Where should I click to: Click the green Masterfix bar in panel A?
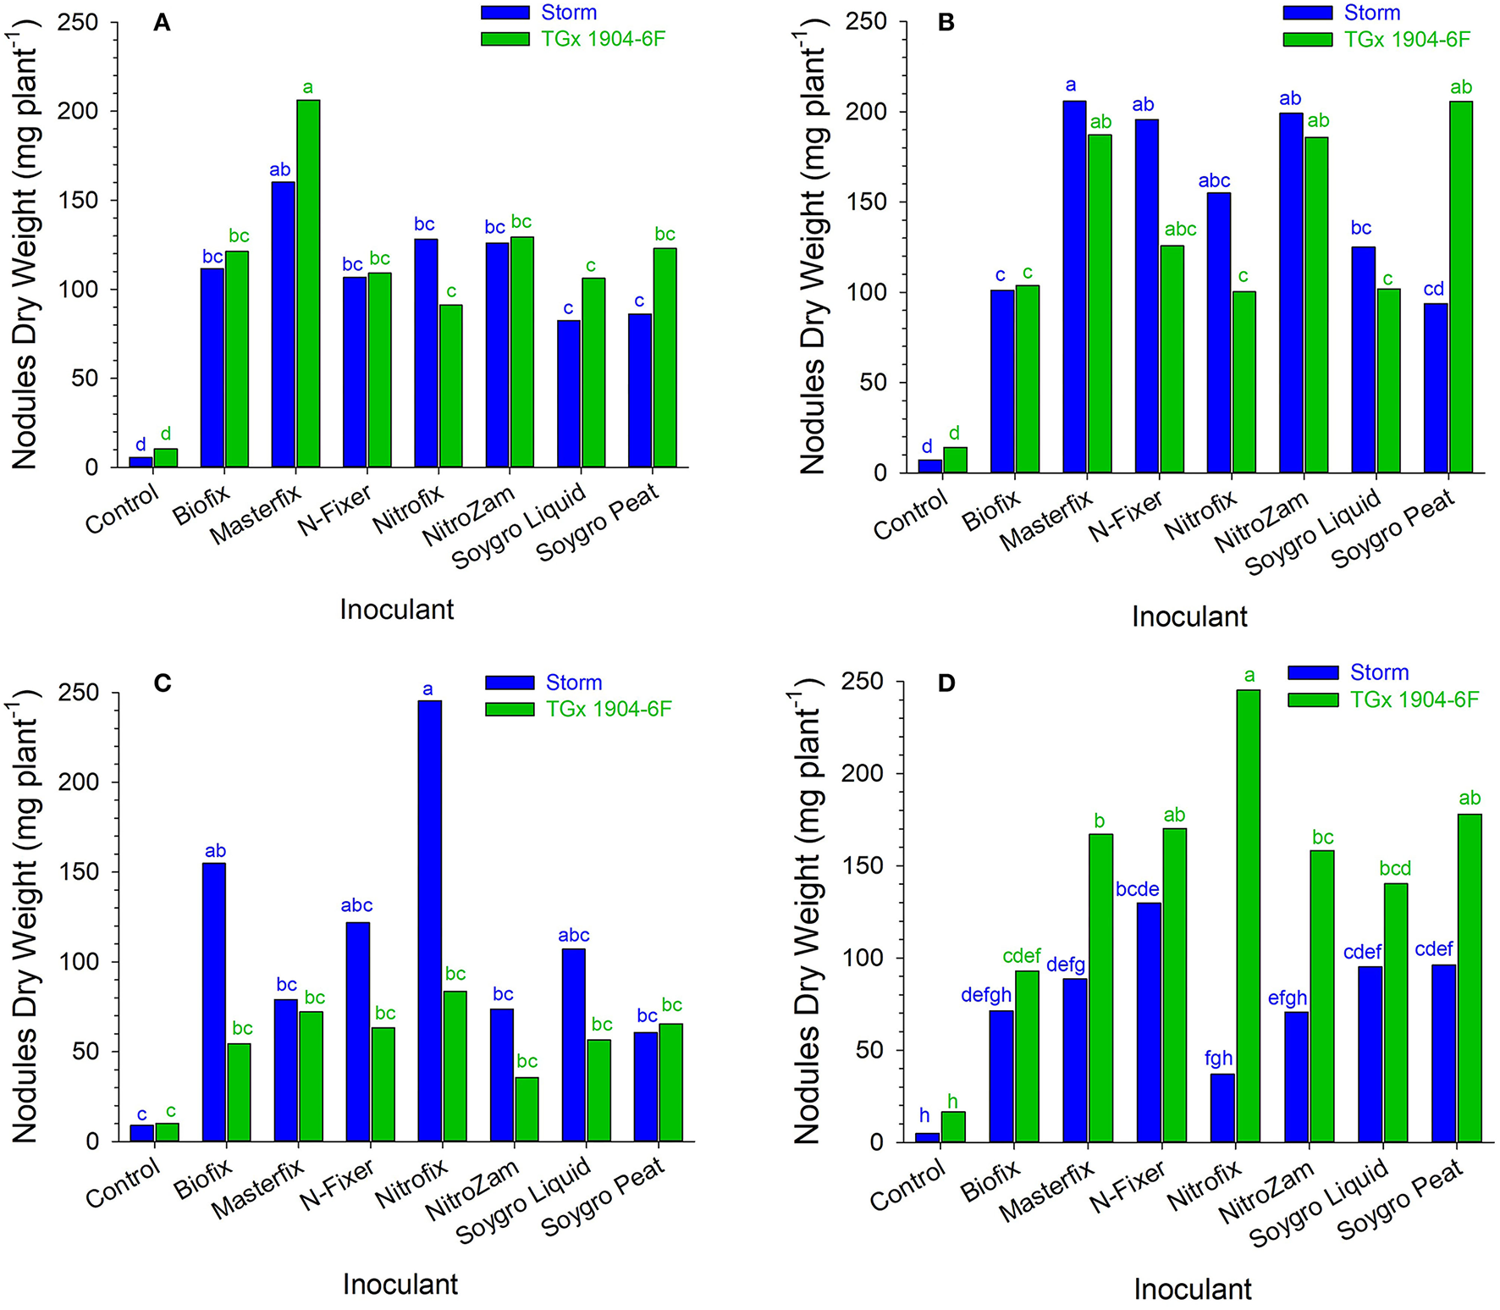click(x=308, y=284)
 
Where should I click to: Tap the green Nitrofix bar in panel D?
click(x=1248, y=915)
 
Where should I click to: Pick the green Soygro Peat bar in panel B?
click(x=1460, y=287)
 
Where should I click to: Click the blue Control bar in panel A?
click(x=141, y=462)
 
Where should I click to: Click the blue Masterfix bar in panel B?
click(x=1075, y=287)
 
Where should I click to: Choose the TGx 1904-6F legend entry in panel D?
click(x=1383, y=699)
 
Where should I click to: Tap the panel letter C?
click(x=163, y=683)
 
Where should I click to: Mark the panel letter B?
click(x=946, y=22)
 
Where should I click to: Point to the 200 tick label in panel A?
click(x=78, y=111)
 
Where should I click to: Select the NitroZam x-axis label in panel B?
click(x=1254, y=522)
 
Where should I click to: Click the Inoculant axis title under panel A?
click(x=397, y=609)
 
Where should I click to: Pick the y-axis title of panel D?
click(x=808, y=915)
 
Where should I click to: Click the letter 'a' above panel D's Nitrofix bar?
click(x=1249, y=675)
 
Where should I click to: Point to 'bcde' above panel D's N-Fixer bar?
click(x=1137, y=890)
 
